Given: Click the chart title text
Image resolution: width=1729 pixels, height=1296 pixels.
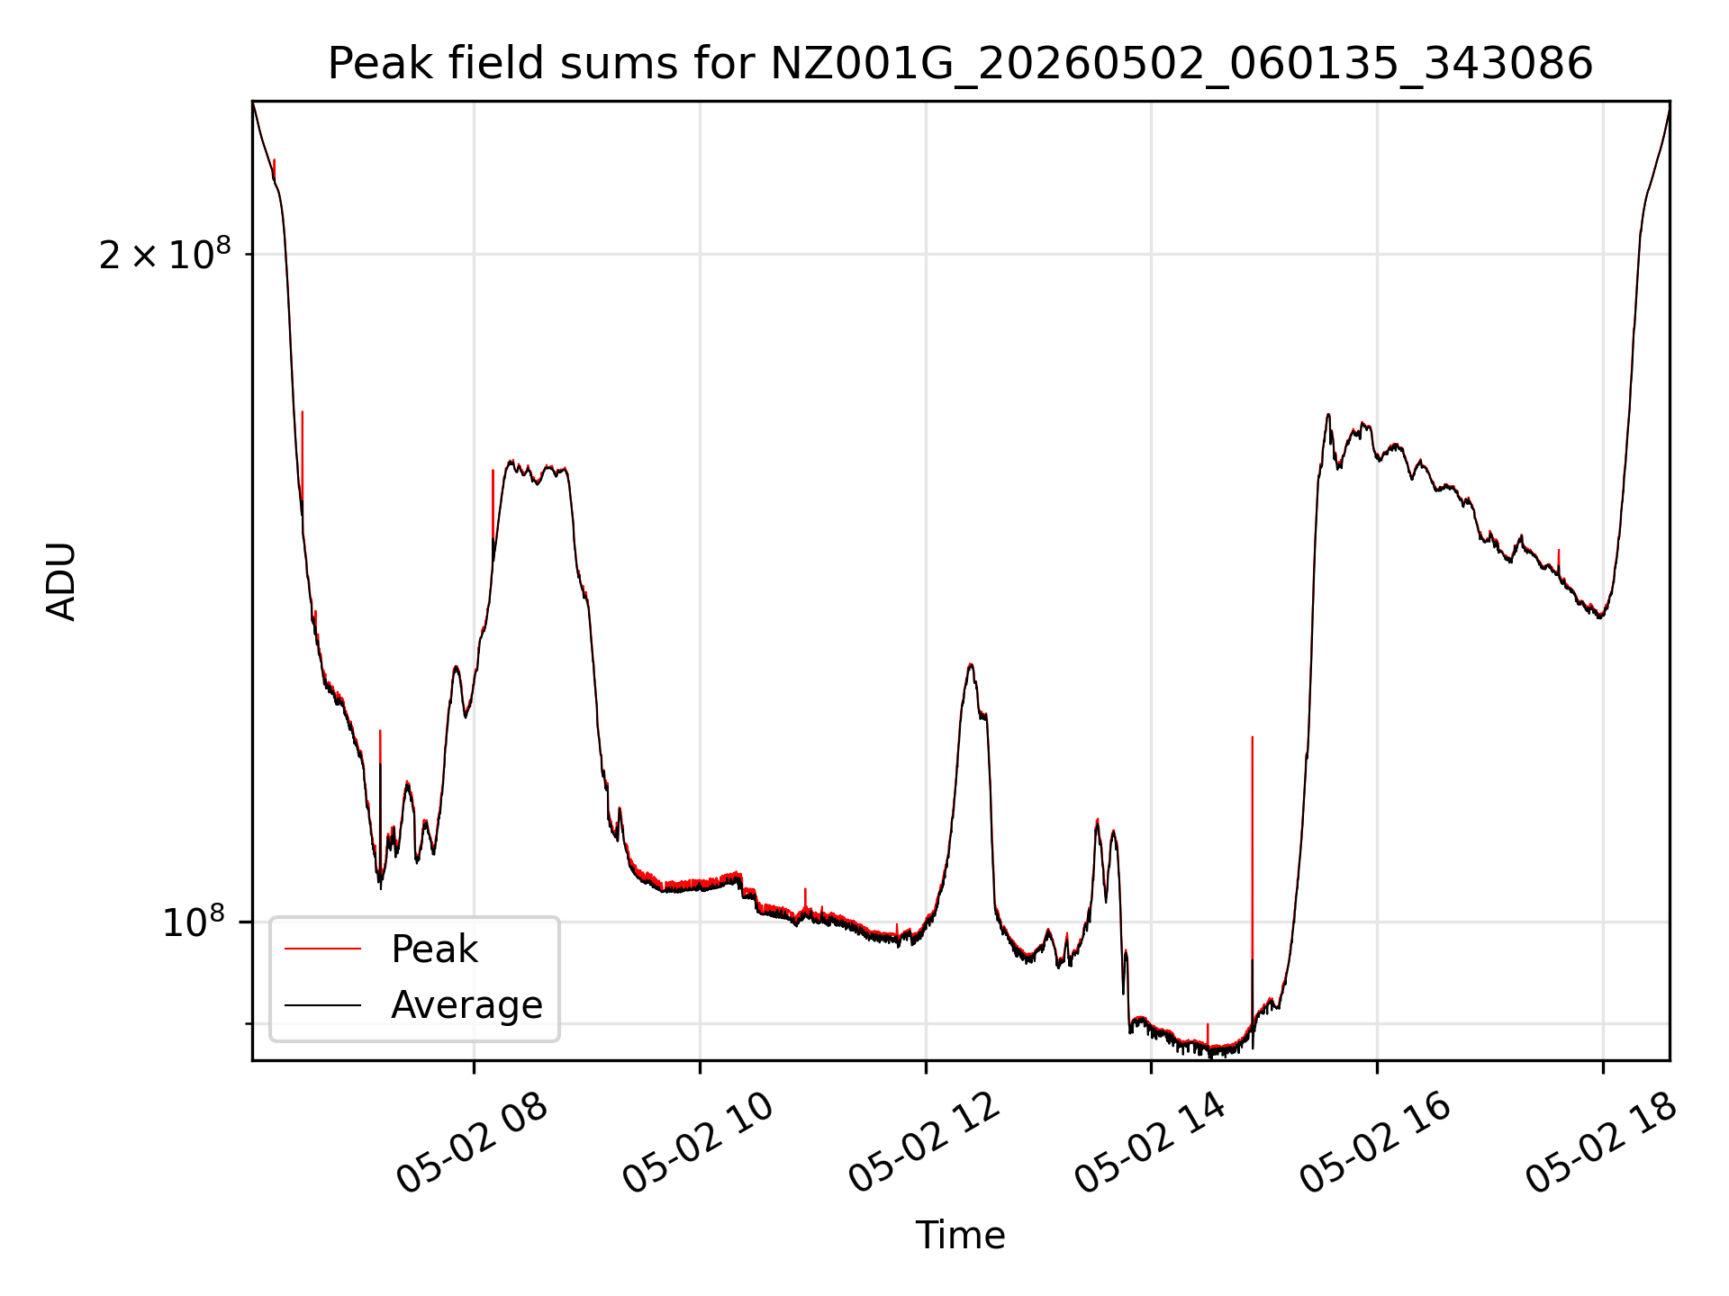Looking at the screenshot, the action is click(960, 64).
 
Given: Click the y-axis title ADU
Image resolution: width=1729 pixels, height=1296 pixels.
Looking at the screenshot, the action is click(61, 581).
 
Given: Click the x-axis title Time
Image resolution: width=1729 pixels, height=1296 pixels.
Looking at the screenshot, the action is click(960, 1235).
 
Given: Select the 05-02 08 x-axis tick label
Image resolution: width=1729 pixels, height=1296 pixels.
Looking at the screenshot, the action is click(473, 1144).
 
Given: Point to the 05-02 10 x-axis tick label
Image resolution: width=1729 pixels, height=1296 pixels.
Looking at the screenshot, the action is click(699, 1144).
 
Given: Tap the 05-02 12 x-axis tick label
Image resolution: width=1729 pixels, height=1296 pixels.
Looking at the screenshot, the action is click(925, 1144).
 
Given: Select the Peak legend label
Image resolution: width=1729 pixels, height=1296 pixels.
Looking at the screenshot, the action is click(434, 949).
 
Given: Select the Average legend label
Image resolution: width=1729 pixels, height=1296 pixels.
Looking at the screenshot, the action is click(466, 1005).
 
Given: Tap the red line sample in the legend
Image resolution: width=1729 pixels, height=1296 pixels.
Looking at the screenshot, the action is click(322, 949).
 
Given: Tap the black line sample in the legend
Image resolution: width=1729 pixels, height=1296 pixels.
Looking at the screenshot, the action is click(322, 1005).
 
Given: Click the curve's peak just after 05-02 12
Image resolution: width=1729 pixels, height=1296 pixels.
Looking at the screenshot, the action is click(970, 665).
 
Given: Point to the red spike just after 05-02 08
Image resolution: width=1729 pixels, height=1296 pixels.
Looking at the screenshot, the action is click(493, 504).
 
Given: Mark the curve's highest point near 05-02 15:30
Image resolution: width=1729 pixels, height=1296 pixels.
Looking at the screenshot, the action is click(1328, 415).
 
